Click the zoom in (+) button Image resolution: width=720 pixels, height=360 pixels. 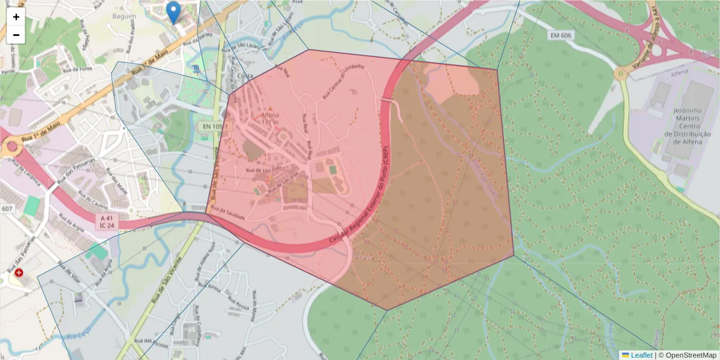[x=16, y=17]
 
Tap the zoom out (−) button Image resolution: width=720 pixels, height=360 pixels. [x=16, y=35]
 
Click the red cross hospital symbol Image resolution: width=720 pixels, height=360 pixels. [x=19, y=273]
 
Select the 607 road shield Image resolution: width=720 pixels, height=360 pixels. [x=7, y=208]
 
